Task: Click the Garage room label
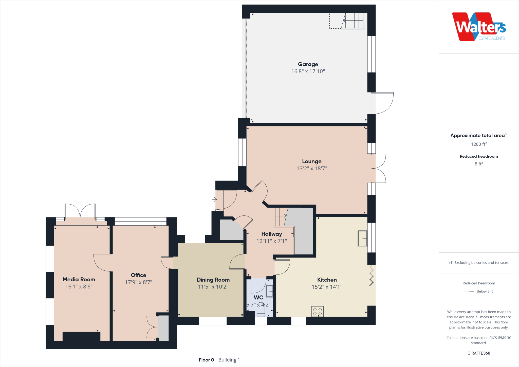[x=308, y=64]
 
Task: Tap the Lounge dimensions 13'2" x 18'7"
[x=312, y=169]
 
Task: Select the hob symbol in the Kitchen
[x=317, y=311]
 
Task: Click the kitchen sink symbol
[x=362, y=238]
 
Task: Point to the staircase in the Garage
[x=353, y=21]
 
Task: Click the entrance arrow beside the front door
[x=215, y=200]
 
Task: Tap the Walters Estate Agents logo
[x=479, y=27]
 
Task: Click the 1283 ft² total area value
[x=479, y=144]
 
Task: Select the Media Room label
[x=79, y=280]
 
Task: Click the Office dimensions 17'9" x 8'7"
[x=138, y=282]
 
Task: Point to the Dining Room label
[x=213, y=280]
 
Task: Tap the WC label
[x=258, y=298]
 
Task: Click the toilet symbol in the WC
[x=261, y=312]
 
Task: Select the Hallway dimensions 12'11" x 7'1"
[x=271, y=241]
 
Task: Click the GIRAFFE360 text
[x=479, y=353]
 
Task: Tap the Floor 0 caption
[x=206, y=360]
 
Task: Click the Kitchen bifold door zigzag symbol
[x=372, y=275]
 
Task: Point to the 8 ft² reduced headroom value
[x=479, y=164]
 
